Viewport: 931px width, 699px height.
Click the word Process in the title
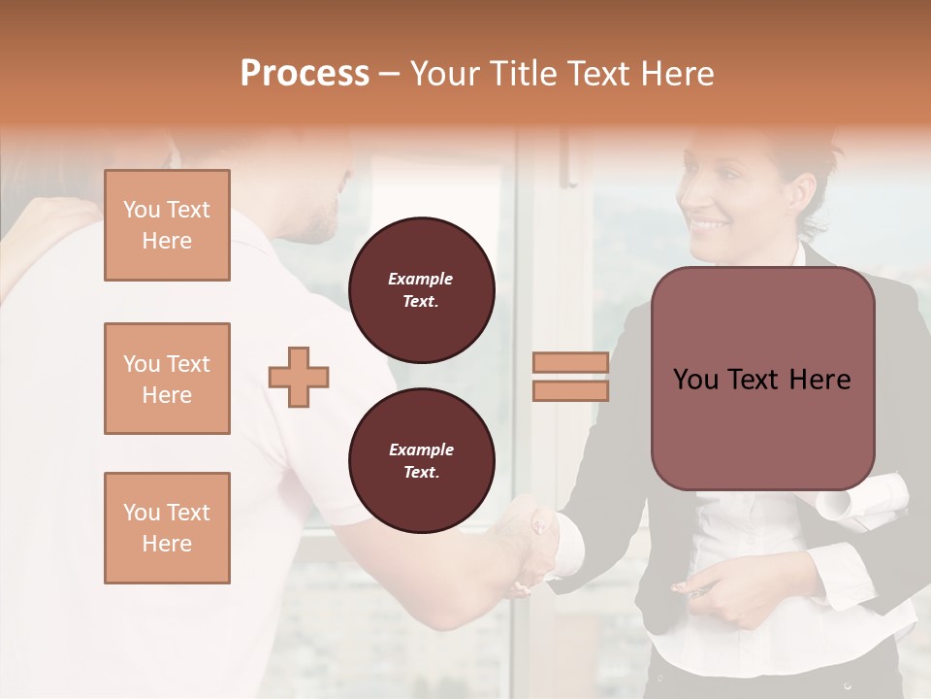[305, 74]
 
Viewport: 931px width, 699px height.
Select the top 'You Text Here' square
[167, 225]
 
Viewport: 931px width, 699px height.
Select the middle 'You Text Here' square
[167, 379]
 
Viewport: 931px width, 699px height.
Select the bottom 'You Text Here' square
[167, 528]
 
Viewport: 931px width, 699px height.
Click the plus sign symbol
[299, 377]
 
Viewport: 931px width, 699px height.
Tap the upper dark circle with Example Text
[422, 290]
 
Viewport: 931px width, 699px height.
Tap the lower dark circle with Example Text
[422, 461]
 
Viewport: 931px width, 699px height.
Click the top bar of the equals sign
[570, 363]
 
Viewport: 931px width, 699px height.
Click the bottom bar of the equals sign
[570, 390]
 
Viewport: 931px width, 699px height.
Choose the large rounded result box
[763, 379]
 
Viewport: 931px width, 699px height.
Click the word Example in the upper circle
[421, 279]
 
